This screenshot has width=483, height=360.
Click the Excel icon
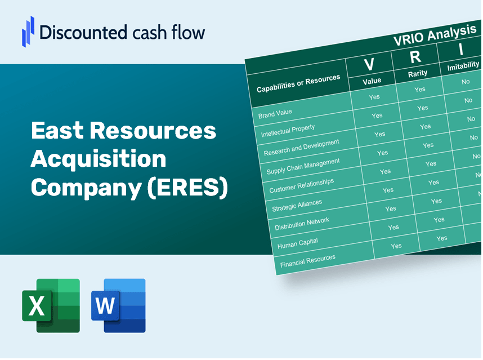pos(51,305)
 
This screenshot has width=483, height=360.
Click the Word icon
pos(118,305)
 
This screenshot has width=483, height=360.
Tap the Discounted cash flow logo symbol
pos(28,31)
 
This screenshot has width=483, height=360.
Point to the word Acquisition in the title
pos(99,159)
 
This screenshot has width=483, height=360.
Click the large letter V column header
pos(369,64)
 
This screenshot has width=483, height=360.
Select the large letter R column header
pos(415,57)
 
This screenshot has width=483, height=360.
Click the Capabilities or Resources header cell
pos(298,84)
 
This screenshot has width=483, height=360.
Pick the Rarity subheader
pos(418,73)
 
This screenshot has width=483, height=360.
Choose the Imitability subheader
pos(463,68)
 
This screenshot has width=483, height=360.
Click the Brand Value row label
pos(275,113)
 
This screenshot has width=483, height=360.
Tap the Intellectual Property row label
pos(288,131)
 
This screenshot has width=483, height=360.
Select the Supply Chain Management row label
pos(303,166)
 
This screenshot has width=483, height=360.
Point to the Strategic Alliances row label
pos(297,206)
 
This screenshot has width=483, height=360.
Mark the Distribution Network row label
pos(302,224)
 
